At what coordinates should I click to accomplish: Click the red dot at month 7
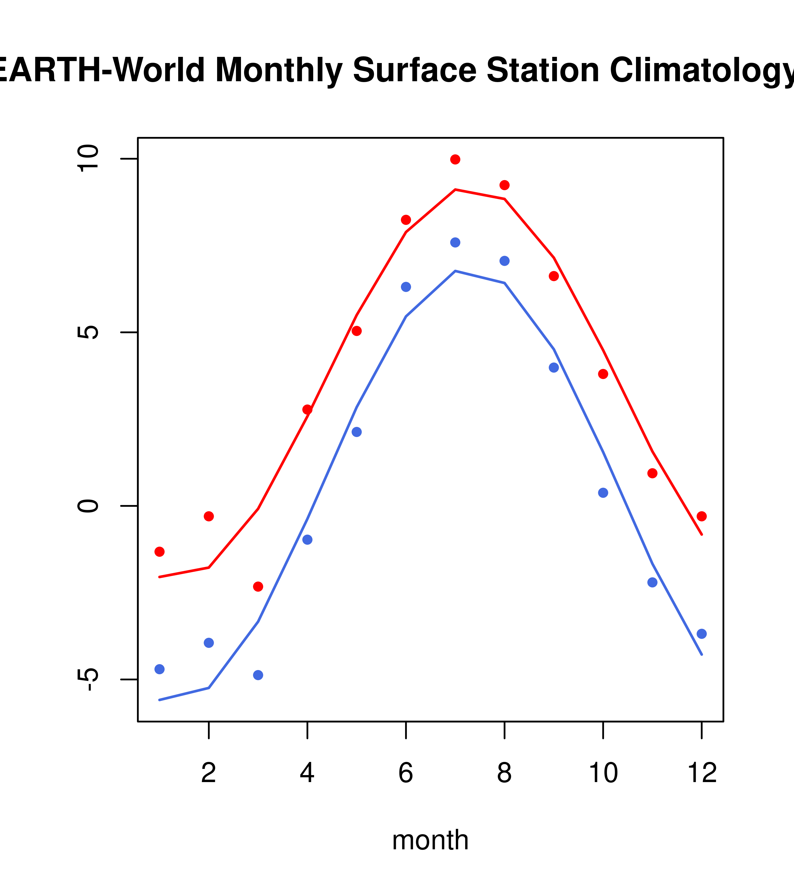(x=455, y=159)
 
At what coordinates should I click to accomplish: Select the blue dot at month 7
(x=455, y=243)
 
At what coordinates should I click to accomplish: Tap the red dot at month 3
(x=258, y=586)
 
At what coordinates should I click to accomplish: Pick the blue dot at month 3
(x=258, y=675)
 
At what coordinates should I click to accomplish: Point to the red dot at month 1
(x=159, y=552)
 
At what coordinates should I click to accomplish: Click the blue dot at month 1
(x=159, y=669)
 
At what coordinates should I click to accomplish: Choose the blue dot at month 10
(x=603, y=493)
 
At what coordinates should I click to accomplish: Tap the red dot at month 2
(x=209, y=517)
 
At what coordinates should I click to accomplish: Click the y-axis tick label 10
(x=87, y=159)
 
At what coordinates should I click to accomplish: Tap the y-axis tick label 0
(x=87, y=506)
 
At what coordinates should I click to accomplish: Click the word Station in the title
(x=542, y=70)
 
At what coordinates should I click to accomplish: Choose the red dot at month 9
(x=554, y=276)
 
